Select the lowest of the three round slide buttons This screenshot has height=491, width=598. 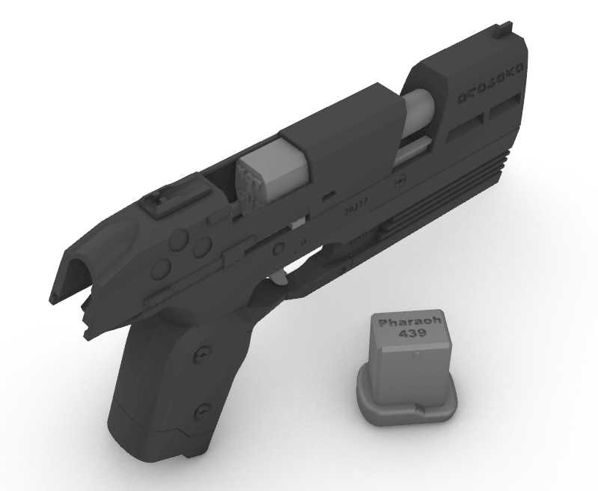click(159, 268)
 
